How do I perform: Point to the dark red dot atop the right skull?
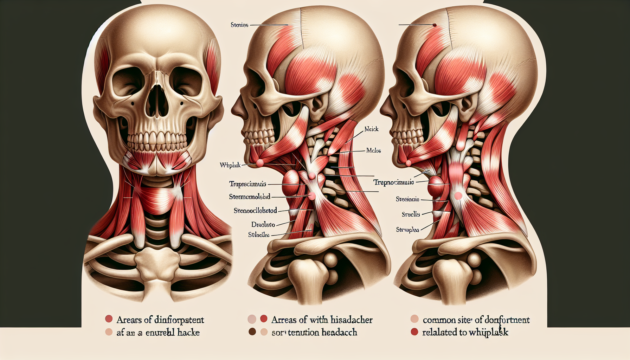(434, 25)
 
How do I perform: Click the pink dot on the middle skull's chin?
(260, 163)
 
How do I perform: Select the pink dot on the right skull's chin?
(409, 163)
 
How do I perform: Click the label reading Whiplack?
(230, 165)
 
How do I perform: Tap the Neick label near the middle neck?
(372, 129)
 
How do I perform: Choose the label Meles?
(373, 150)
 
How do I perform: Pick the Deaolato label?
(263, 224)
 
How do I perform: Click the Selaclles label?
(259, 234)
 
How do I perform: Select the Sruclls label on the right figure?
(411, 214)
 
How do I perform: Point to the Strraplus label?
(407, 230)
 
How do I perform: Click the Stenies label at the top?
(239, 25)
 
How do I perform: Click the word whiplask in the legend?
(491, 332)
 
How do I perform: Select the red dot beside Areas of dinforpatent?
(109, 319)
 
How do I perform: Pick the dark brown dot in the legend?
(252, 332)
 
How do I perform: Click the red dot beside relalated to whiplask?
(414, 332)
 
